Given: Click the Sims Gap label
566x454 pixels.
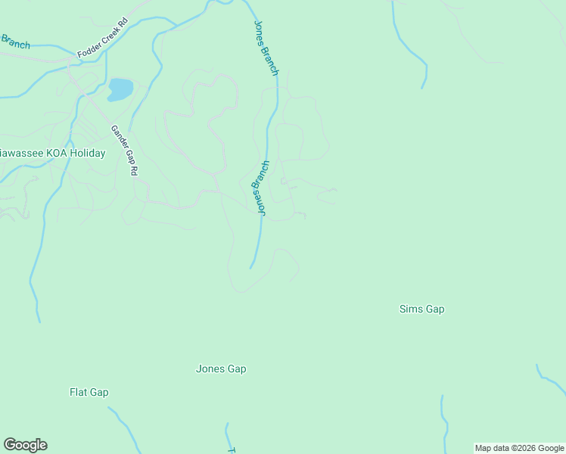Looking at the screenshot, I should (x=421, y=309).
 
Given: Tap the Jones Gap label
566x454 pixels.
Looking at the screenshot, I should (x=221, y=369).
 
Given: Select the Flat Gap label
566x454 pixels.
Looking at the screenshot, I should (x=89, y=392).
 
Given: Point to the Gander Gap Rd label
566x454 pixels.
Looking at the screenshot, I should (x=124, y=151).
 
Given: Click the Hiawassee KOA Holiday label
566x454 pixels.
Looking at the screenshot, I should (x=51, y=153).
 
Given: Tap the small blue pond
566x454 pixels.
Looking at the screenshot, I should (x=120, y=89).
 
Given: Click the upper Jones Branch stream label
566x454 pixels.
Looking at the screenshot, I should (x=266, y=48).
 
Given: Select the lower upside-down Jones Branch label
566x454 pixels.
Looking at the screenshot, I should (x=260, y=189).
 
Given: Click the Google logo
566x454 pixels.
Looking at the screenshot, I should (x=25, y=445).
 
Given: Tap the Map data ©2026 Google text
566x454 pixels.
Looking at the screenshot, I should (x=519, y=448).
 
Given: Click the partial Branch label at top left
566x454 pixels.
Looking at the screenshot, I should (x=15, y=42).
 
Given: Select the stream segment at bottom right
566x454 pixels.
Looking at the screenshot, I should (x=444, y=424).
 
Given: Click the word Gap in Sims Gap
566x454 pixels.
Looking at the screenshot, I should (x=434, y=309).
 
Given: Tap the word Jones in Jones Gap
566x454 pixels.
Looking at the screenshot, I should (x=210, y=369).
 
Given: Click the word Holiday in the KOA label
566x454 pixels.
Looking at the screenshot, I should (x=86, y=153).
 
